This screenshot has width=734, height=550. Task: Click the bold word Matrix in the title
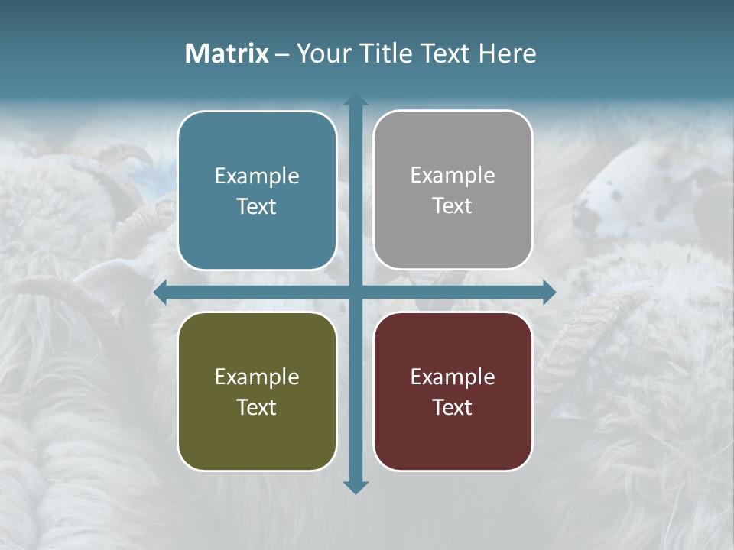click(x=227, y=53)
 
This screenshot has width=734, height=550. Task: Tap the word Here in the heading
click(x=508, y=53)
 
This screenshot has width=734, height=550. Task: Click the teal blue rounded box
click(x=257, y=190)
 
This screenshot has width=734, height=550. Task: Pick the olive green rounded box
click(x=257, y=391)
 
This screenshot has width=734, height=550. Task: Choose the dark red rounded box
click(x=453, y=391)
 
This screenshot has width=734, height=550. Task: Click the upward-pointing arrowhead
click(x=356, y=100)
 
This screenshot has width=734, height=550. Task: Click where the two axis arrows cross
click(x=356, y=293)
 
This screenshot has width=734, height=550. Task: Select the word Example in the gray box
click(x=453, y=176)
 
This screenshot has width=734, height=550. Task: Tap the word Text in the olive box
click(x=257, y=407)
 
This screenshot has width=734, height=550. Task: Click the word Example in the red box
click(x=453, y=377)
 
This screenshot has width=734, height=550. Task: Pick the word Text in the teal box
click(x=257, y=206)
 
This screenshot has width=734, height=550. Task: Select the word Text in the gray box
click(x=453, y=205)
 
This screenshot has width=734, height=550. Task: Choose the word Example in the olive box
click(x=257, y=377)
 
